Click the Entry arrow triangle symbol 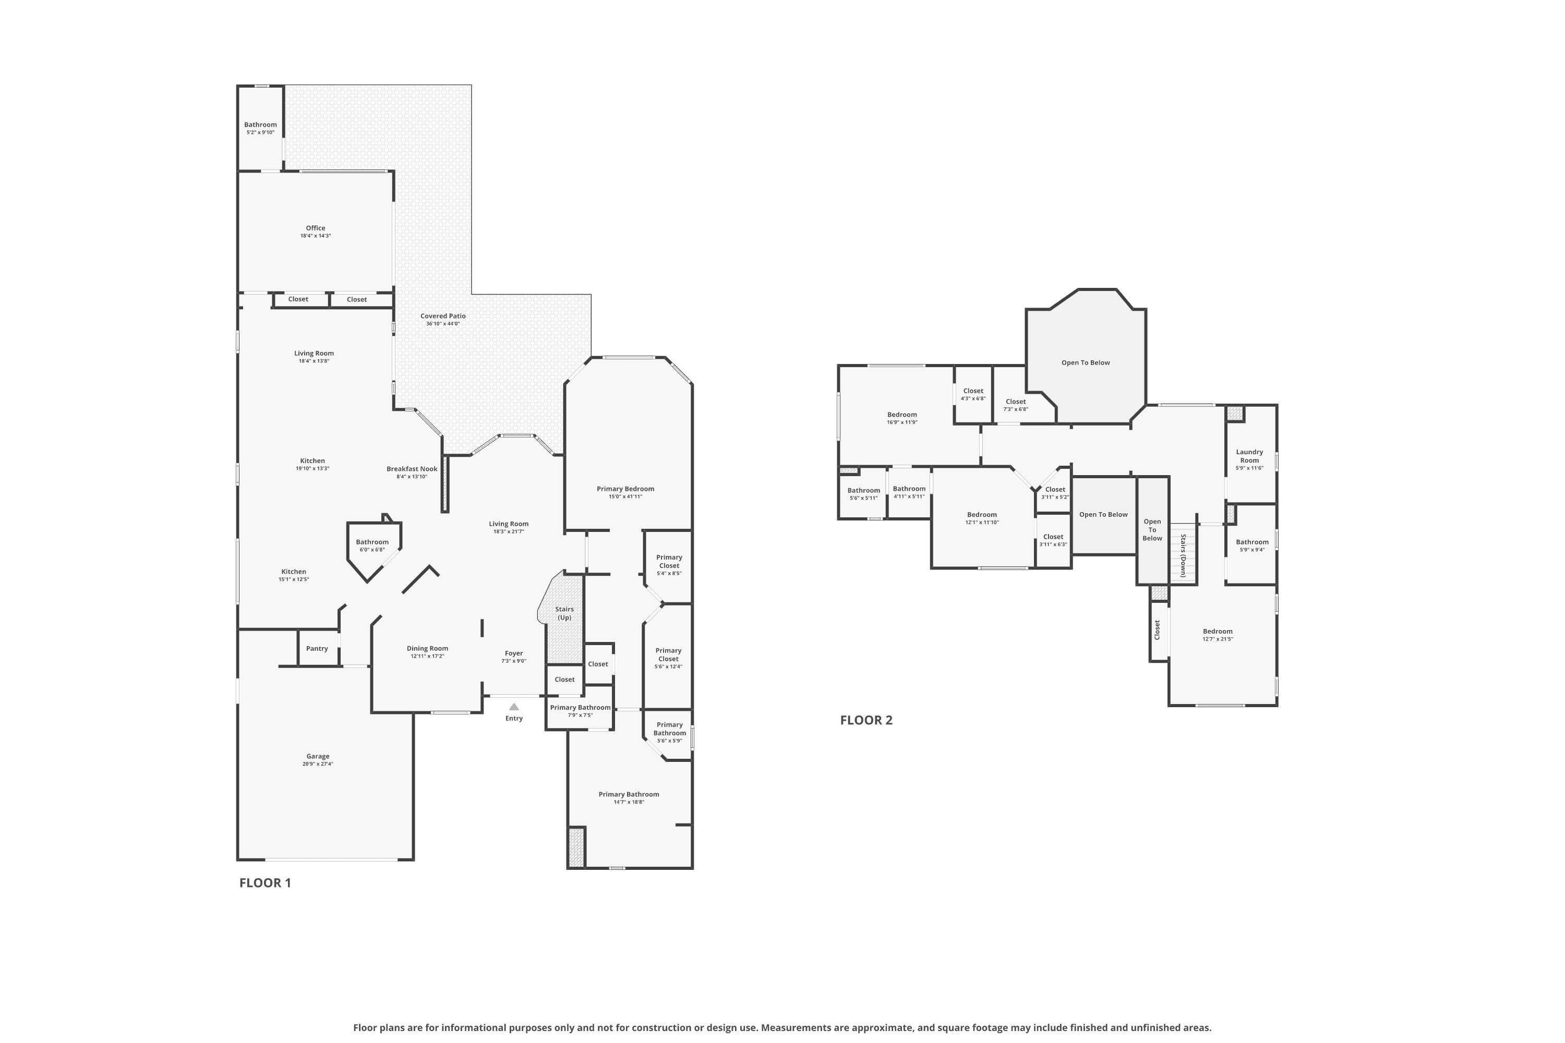[514, 707]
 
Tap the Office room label [316, 228]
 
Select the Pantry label [317, 649]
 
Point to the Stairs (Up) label [564, 613]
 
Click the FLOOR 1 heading [265, 883]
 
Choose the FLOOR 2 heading [866, 720]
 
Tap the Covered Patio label [443, 316]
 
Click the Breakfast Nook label [412, 469]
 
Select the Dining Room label [427, 649]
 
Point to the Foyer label [514, 653]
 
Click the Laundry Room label [1249, 456]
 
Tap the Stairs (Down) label [1184, 555]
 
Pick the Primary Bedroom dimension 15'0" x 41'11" [625, 496]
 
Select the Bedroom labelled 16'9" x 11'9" [902, 415]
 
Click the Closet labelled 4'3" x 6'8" [973, 391]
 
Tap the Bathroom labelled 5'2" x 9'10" [260, 125]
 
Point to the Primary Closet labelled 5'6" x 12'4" [669, 654]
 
